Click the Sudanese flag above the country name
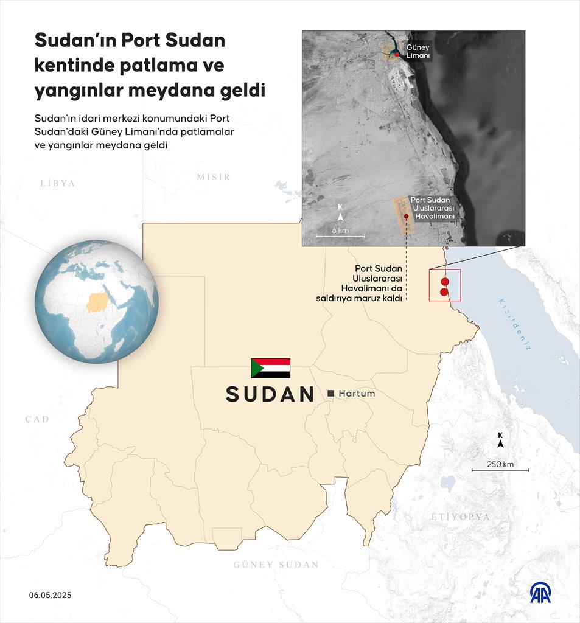coord(270,368)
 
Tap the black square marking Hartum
coord(331,394)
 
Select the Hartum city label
coord(357,394)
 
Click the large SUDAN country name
coord(270,394)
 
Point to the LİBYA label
coord(57,183)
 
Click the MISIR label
coord(213,177)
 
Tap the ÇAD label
coord(37,419)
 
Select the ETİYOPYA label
coord(460,517)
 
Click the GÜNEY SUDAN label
coord(276,565)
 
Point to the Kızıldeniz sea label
coord(515,324)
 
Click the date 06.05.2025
coord(50,595)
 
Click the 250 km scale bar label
coord(500,465)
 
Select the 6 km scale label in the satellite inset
coord(340,231)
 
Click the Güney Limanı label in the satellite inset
coord(418,52)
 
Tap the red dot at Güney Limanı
coord(397,55)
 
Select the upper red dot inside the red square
coord(445,282)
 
